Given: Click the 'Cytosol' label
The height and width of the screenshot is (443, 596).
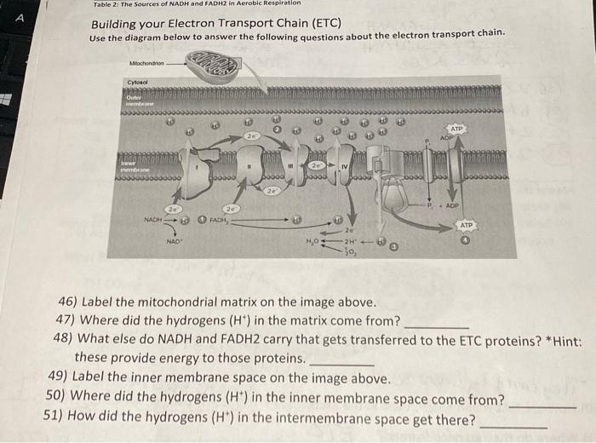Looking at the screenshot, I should point(136,82).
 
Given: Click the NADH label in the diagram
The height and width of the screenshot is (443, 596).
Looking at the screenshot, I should point(152,219).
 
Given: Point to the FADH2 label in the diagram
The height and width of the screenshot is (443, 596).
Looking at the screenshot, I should point(217,219).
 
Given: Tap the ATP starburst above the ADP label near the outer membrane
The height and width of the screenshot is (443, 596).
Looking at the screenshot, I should point(456,129).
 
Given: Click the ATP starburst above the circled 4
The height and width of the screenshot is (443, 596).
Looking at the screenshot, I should point(467,225).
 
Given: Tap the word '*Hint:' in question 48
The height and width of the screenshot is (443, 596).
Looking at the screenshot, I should point(563,339).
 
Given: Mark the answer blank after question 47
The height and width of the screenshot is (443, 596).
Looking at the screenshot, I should point(436,325).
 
